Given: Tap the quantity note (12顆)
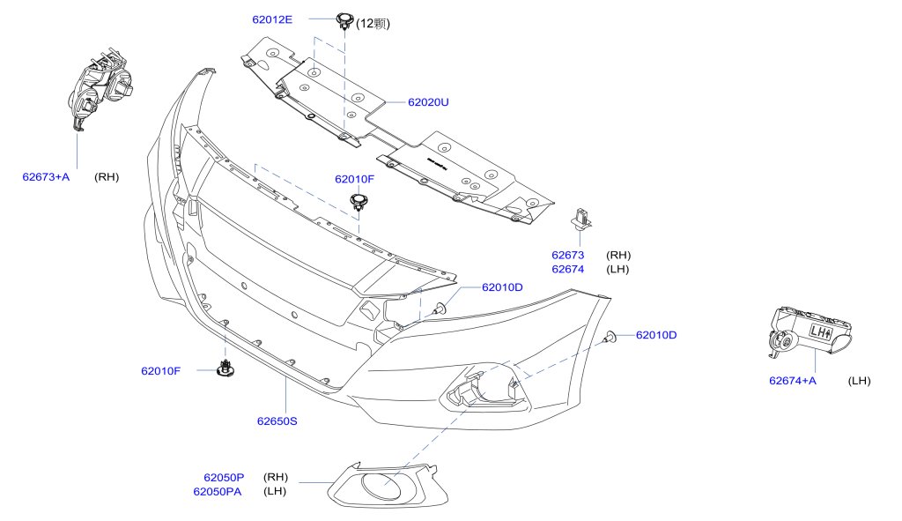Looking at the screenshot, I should coord(373,24).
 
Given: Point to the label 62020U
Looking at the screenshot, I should coord(428,102).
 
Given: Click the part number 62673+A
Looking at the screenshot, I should coord(46,177).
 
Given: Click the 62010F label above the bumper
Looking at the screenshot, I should coord(354,179).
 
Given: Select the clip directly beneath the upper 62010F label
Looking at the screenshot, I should coord(359,203).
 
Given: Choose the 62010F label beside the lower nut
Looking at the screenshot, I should coord(160,371).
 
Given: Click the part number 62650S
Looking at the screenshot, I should coord(277,421).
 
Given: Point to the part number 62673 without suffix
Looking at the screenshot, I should coord(568,256).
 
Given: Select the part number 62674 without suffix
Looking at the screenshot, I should coord(568,269).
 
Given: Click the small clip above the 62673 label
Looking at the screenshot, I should coord(581,216).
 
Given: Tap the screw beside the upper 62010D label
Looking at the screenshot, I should coord(439,308).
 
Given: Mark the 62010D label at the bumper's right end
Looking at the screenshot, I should coord(656,335).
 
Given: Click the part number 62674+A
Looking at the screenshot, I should coord(793,381).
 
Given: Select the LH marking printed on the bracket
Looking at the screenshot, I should coord(820,332).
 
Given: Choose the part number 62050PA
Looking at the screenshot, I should coord(218,491).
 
